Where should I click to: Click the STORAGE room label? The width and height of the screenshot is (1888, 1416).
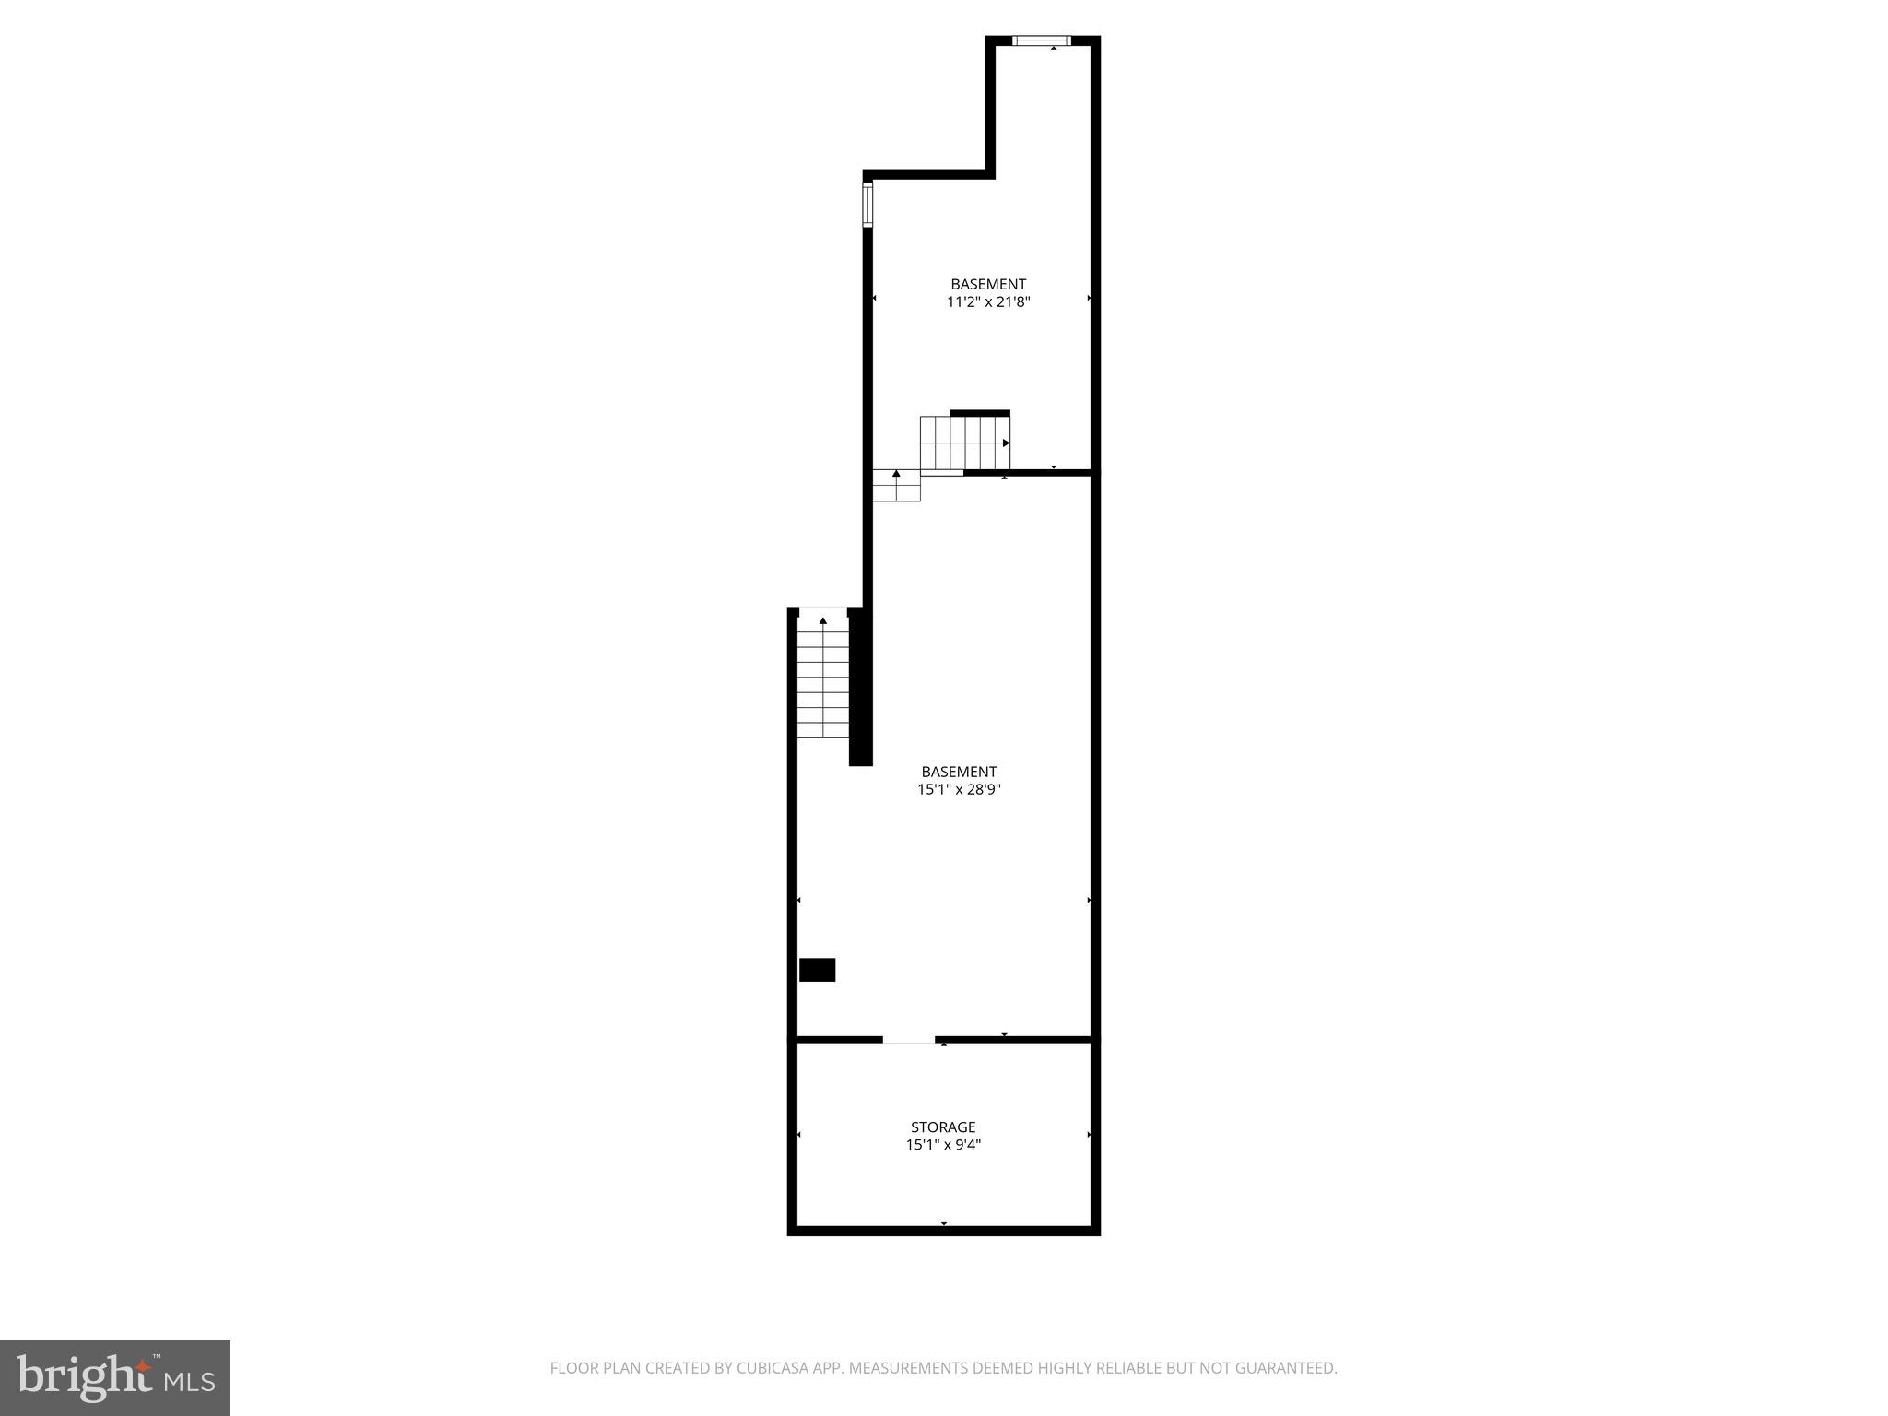[x=942, y=1127]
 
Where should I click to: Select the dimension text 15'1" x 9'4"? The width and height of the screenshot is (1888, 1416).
[x=942, y=1145]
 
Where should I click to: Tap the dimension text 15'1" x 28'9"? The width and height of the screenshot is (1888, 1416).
[x=959, y=789]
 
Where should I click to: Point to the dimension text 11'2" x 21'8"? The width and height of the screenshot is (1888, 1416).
[x=987, y=301]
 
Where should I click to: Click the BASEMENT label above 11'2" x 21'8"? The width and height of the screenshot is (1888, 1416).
[x=987, y=284]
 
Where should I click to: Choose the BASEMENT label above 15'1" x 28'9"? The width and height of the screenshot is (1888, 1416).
[x=959, y=772]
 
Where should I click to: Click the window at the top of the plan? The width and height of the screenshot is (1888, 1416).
[x=1042, y=41]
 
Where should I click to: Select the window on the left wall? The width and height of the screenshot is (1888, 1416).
[x=867, y=205]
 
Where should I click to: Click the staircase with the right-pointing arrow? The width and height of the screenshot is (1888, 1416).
[x=964, y=443]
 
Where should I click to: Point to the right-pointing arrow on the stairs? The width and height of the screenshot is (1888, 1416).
[x=1006, y=443]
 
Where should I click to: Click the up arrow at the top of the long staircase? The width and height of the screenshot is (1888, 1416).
[x=822, y=620]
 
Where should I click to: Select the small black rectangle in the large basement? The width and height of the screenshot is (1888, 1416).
[x=817, y=970]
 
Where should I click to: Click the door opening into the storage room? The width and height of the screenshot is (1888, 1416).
[x=908, y=1040]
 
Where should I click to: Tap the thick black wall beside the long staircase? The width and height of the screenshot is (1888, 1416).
[x=859, y=687]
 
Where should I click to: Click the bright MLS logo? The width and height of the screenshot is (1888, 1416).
[x=115, y=1377]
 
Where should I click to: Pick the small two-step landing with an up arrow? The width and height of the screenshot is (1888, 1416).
[x=896, y=486]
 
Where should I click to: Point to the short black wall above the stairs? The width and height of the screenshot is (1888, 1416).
[x=980, y=413]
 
